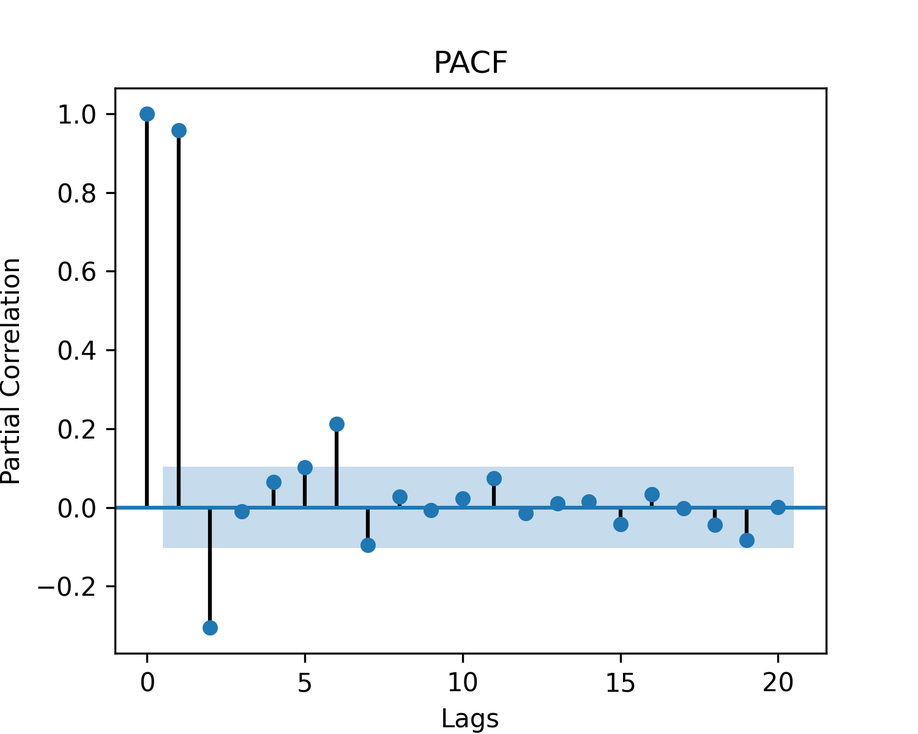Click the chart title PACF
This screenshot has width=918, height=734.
pos(470,62)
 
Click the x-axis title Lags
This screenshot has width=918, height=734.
pos(470,719)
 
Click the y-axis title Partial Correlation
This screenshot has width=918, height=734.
pos(11,371)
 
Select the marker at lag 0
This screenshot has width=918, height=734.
pos(147,114)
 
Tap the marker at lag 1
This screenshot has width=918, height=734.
pos(179,130)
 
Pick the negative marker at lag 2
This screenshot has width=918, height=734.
pos(210,628)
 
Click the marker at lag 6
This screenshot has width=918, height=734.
pos(337,424)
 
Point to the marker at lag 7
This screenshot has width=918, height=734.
pos(368,545)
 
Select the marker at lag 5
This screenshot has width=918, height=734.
pos(305,467)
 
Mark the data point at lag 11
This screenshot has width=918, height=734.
pos(494,478)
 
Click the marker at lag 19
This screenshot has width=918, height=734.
pos(747,540)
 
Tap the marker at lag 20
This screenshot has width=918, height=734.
pos(778,507)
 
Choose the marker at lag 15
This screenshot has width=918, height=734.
pos(621,524)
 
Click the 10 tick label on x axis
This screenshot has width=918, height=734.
pos(463,683)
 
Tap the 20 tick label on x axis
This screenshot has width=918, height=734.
pos(778,683)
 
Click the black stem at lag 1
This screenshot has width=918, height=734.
pos(179,318)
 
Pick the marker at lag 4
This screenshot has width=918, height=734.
pos(274,482)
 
